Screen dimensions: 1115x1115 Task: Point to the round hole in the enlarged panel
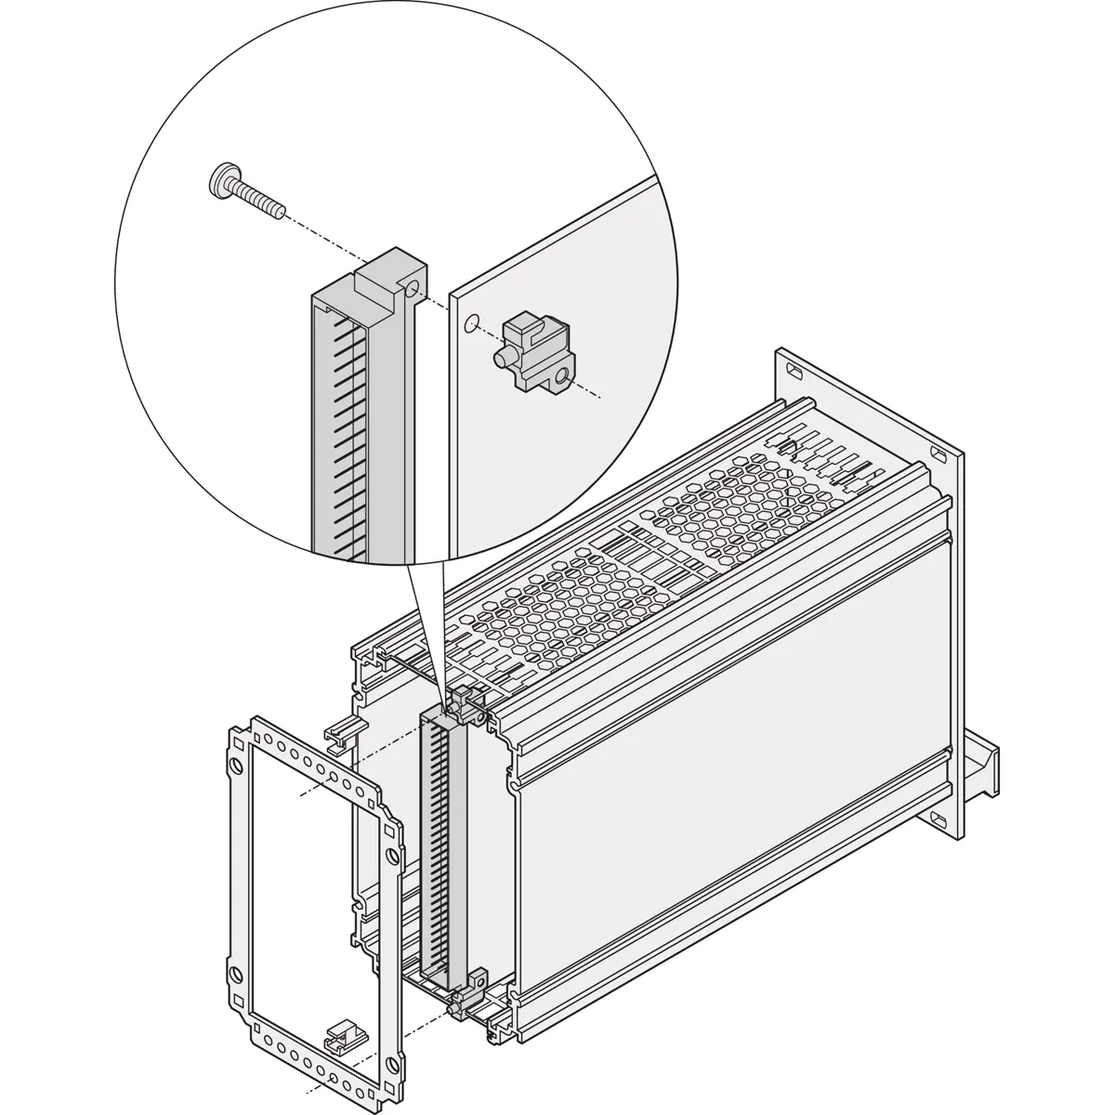pos(471,323)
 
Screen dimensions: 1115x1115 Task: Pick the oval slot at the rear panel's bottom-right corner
pos(938,820)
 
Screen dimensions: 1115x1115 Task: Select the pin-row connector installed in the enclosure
pos(437,846)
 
